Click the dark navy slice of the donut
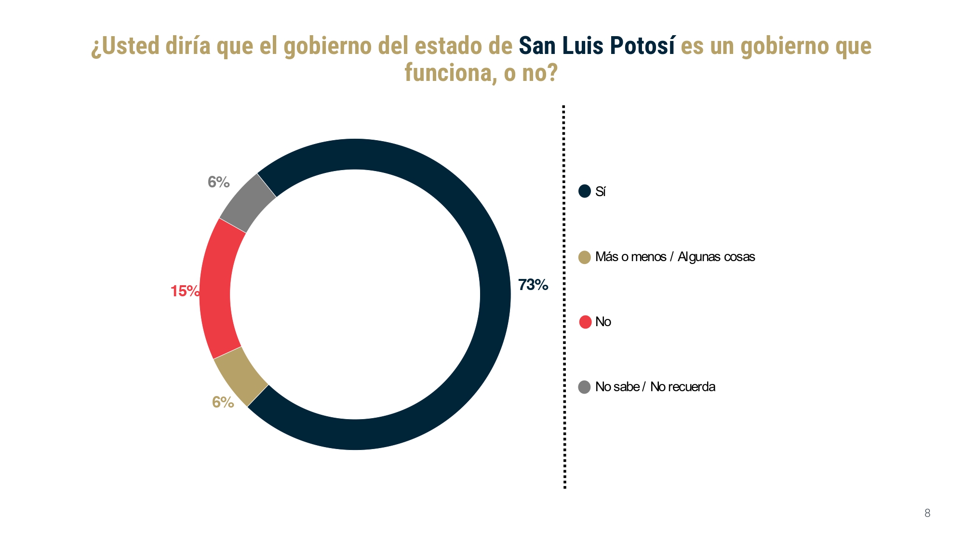pos(495,294)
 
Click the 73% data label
pos(533,285)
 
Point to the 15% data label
pos(185,291)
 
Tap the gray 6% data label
pos(218,182)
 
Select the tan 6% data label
pos(223,402)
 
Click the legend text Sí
pos(600,192)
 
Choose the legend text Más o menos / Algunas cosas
pos(675,257)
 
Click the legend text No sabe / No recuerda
pos(655,387)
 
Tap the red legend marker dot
pos(585,322)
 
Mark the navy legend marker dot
pos(585,191)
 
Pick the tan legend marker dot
pos(585,257)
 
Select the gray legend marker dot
pos(585,387)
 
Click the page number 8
pos(927,514)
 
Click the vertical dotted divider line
pos(564,296)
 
